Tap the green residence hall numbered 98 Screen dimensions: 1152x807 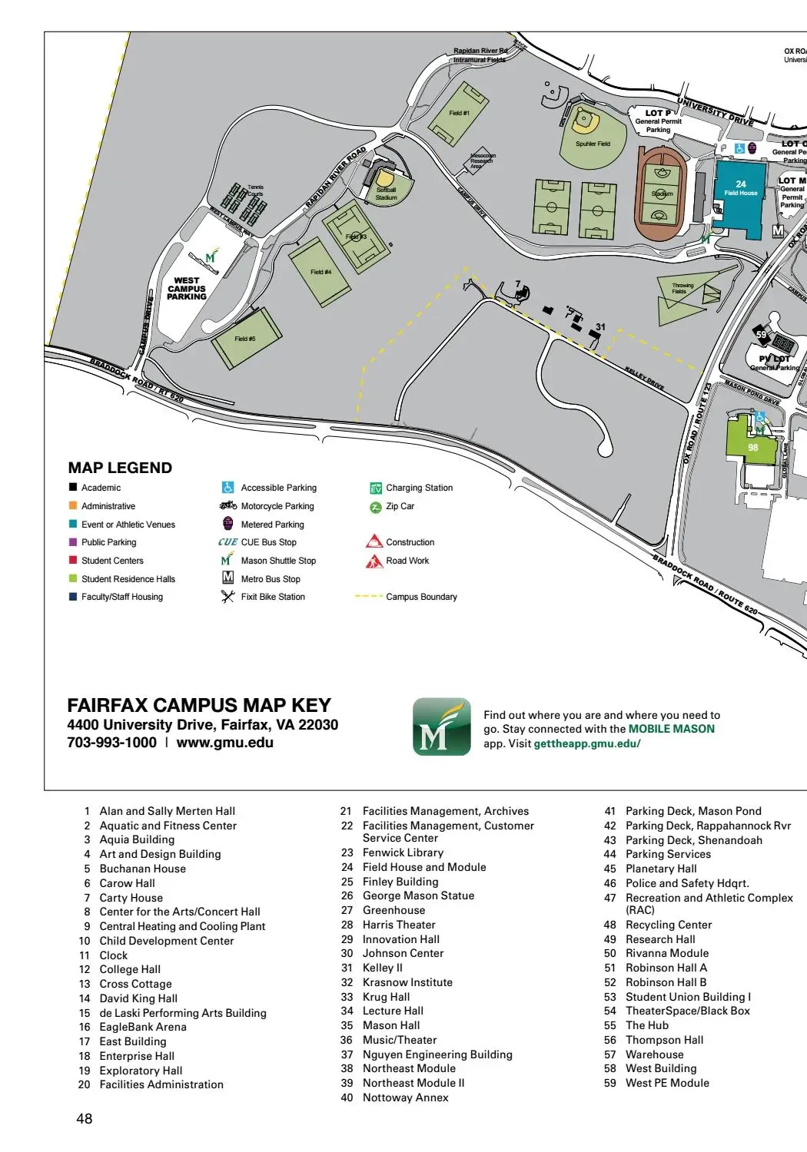pos(752,446)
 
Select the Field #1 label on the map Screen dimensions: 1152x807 pos(459,113)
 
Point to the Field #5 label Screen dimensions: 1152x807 pos(245,339)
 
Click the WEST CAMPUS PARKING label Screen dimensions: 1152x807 pos(187,289)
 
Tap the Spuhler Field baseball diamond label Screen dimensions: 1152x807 pos(593,144)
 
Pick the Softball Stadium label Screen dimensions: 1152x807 pos(386,194)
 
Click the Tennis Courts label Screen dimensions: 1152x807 pos(255,190)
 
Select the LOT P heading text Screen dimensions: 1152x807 pos(658,113)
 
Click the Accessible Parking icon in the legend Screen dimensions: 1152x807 pos(227,488)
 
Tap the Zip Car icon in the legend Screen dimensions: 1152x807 pos(376,507)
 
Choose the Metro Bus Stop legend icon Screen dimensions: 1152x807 pos(227,578)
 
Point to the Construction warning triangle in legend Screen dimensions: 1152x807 pos(374,541)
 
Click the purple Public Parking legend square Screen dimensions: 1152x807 pos(73,542)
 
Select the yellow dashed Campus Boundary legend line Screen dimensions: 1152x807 pos(369,597)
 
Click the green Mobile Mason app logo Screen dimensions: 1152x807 pos(441,727)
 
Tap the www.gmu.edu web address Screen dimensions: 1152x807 pos(224,743)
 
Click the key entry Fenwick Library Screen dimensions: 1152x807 pos(403,852)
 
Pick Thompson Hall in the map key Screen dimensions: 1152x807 pos(664,1040)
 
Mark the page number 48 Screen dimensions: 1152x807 pos(85,1119)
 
